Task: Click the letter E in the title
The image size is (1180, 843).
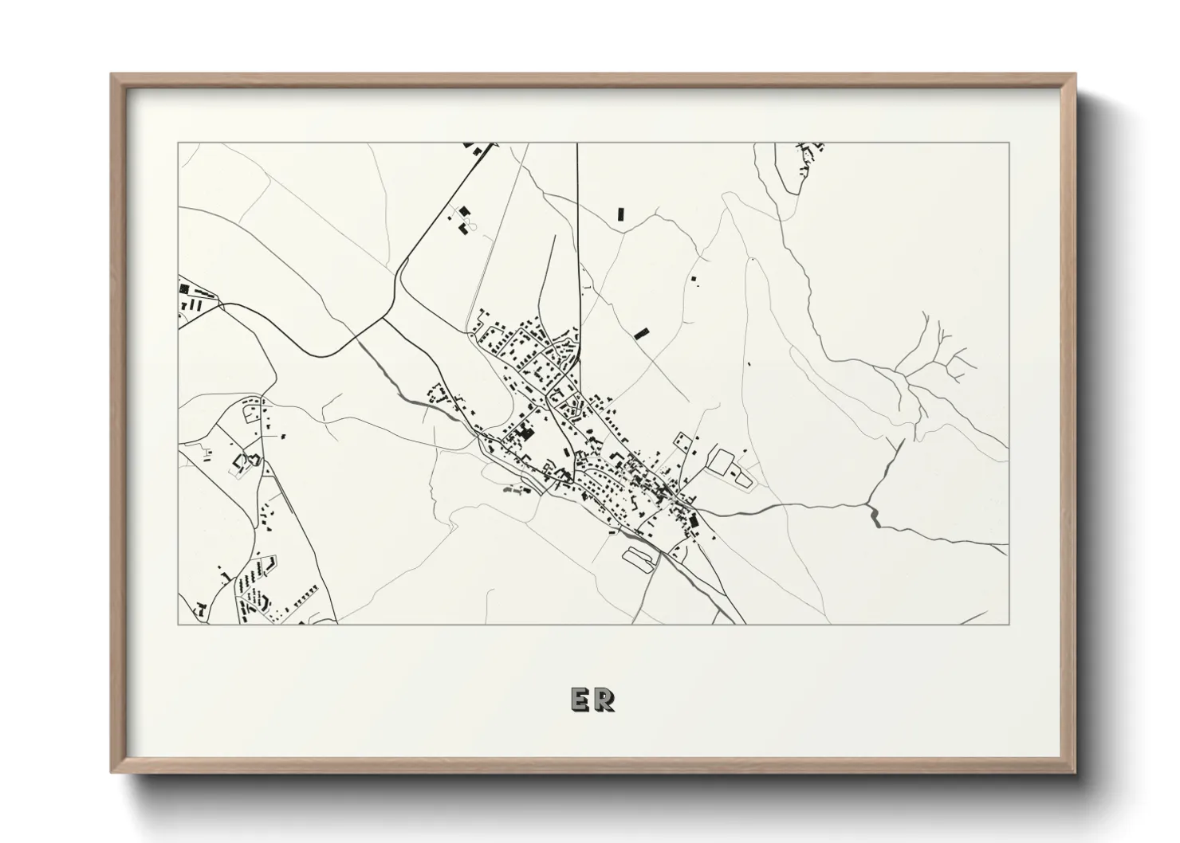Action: (580, 699)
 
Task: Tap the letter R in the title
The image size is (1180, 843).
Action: (604, 699)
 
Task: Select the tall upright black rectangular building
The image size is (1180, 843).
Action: (619, 214)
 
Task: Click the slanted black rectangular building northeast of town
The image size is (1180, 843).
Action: (641, 334)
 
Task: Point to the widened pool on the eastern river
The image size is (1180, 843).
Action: (875, 517)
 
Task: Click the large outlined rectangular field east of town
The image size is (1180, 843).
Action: (722, 462)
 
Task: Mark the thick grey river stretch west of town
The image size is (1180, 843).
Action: (415, 397)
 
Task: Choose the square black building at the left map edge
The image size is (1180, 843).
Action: (183, 289)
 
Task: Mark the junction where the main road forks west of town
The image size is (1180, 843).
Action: (385, 319)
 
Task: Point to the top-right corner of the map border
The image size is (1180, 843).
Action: (1009, 143)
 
